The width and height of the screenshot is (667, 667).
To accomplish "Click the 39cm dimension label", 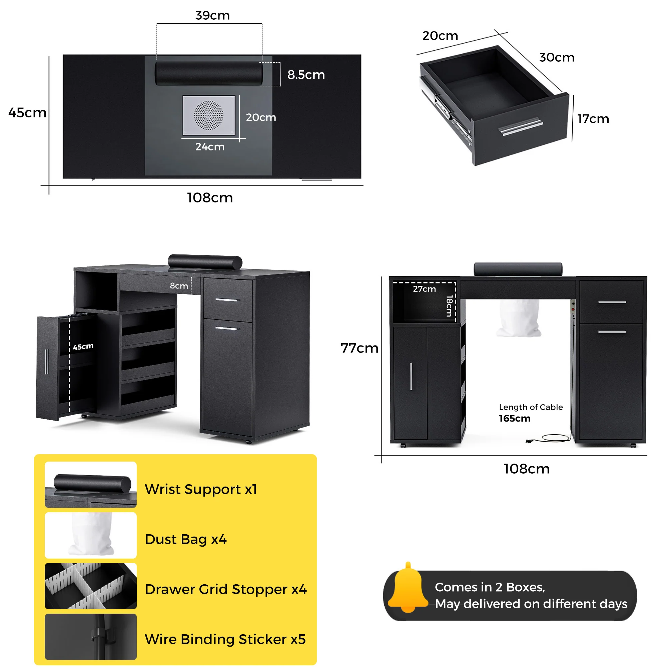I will [x=212, y=16].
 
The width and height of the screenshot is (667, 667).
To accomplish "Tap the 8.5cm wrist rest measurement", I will [x=306, y=75].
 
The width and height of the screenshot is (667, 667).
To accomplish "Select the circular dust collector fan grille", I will [x=208, y=115].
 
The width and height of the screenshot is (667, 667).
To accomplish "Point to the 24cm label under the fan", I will [x=210, y=147].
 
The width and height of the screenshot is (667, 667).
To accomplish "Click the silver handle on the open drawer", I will [x=521, y=127].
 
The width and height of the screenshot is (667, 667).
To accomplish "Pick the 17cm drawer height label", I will [x=593, y=119].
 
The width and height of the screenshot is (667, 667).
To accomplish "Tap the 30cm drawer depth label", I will [x=557, y=57].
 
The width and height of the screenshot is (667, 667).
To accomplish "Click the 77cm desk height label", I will [x=360, y=348].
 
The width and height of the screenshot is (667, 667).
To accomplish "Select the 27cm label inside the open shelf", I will [x=424, y=289].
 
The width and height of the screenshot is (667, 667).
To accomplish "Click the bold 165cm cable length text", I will [x=514, y=419].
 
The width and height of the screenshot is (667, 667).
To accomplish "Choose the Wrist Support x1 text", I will [x=200, y=489].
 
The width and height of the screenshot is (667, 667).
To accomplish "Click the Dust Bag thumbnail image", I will [x=91, y=536].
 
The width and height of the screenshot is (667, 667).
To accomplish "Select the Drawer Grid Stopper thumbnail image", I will [x=91, y=586].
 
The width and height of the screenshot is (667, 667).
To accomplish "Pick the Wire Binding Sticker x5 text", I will [x=225, y=639].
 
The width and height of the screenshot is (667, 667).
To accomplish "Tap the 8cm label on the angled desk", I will [x=179, y=286].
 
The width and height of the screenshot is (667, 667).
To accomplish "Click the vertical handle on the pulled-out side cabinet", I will [x=46, y=362].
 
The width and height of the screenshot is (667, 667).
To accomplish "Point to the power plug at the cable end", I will [x=529, y=441].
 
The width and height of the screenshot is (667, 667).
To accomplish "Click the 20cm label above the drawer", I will [x=440, y=36].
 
